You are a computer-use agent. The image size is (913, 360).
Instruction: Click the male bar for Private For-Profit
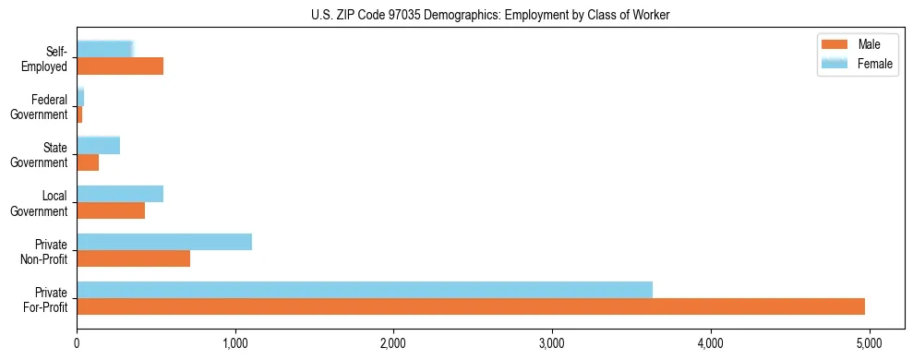click(x=471, y=306)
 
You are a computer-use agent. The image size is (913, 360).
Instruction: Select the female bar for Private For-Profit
click(x=365, y=290)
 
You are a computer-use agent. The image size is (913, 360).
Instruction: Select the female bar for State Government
click(x=98, y=146)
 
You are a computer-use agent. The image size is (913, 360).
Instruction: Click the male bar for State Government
click(x=88, y=162)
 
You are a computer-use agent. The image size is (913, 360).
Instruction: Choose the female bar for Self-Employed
click(x=105, y=50)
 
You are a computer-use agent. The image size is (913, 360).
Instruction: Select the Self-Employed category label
click(x=44, y=58)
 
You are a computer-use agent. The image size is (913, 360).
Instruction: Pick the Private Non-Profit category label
click(x=43, y=251)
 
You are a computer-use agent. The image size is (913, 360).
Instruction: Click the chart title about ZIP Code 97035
click(x=490, y=14)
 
